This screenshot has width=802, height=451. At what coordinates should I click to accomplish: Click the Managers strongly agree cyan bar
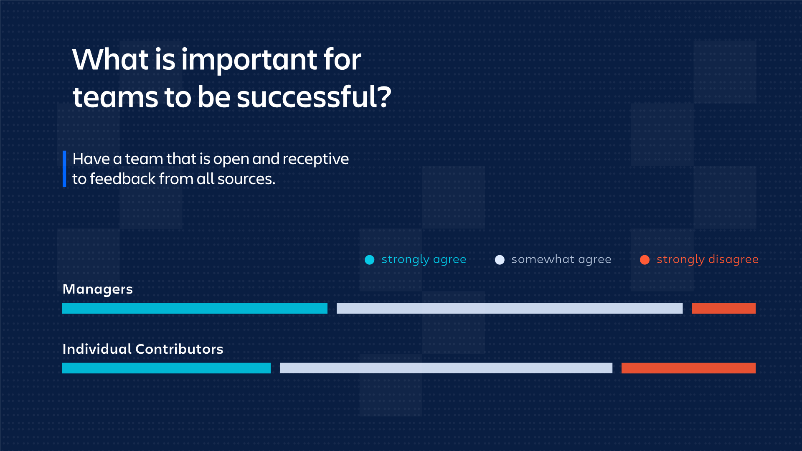[x=195, y=308]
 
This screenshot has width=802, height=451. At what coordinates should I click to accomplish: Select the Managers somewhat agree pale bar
[x=510, y=308]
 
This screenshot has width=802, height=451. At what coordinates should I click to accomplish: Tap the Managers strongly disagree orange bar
[x=723, y=308]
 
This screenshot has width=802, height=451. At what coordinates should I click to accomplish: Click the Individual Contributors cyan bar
[x=166, y=368]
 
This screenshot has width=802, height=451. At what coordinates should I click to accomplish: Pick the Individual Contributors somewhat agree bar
[x=446, y=368]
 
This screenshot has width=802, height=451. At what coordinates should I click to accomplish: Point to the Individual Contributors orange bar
[x=688, y=368]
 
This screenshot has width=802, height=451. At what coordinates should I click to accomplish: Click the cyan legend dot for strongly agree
[x=370, y=260]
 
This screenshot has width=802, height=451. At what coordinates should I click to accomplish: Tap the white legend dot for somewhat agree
[x=500, y=260]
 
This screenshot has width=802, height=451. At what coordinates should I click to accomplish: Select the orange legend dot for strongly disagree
[x=645, y=260]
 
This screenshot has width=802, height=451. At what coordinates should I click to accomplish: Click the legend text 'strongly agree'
[x=424, y=260]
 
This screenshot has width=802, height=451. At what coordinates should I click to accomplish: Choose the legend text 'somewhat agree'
[x=561, y=260]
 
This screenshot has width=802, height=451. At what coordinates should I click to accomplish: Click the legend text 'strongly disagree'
[x=708, y=260]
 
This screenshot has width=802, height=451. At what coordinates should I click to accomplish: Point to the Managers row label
[x=98, y=289]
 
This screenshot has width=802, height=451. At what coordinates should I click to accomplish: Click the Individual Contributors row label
[x=143, y=349]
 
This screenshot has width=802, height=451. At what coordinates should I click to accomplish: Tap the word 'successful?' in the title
[x=314, y=96]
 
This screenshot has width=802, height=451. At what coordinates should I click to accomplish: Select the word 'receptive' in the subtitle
[x=316, y=160]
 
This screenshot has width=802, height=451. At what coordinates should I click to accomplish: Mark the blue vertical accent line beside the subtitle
[x=64, y=169]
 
